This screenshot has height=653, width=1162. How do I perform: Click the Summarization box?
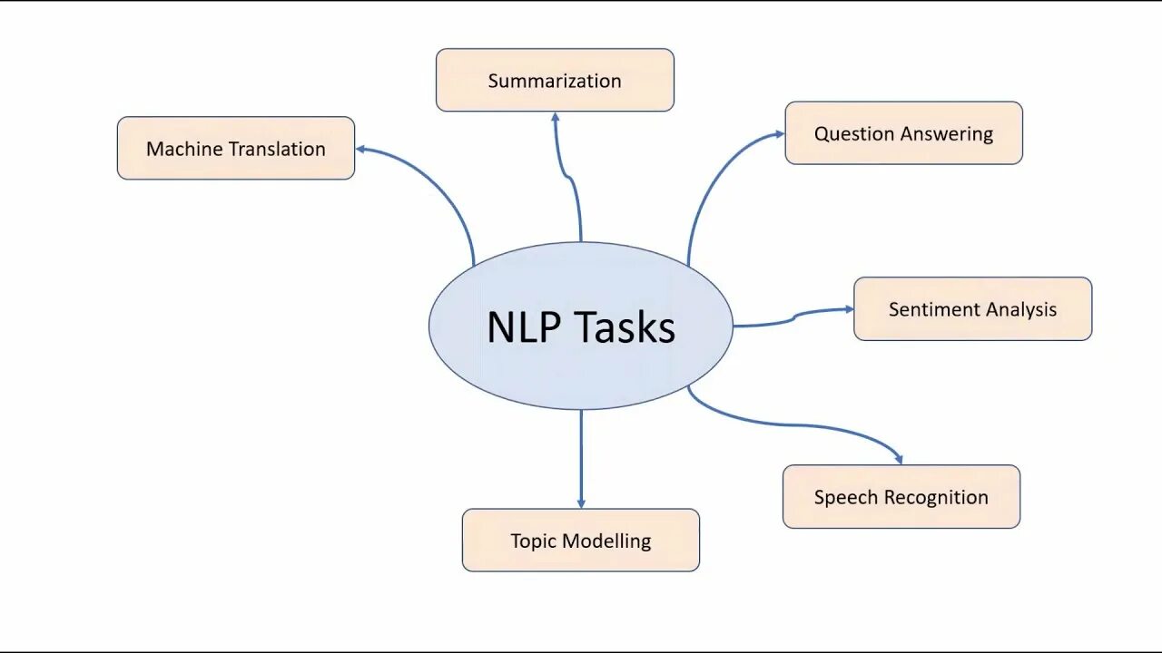coord(555,80)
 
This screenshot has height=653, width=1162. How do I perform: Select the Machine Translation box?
coord(236,148)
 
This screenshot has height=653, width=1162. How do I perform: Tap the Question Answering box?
coord(903,133)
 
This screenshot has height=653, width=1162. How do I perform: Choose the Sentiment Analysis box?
coord(972,309)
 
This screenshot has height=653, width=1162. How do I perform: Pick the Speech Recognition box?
coord(901,496)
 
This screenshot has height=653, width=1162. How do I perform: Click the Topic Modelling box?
coord(580,541)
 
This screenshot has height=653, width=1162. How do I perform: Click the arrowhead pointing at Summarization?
coord(555,117)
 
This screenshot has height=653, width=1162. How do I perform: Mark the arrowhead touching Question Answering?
coord(779,134)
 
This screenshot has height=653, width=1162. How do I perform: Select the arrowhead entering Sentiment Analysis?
coord(849,308)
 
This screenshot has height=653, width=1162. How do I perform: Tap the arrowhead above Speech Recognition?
coord(899,459)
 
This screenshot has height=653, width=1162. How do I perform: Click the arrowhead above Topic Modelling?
coord(581,502)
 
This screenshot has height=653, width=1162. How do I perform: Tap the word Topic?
coord(533,541)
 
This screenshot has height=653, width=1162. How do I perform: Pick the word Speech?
coord(845,497)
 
